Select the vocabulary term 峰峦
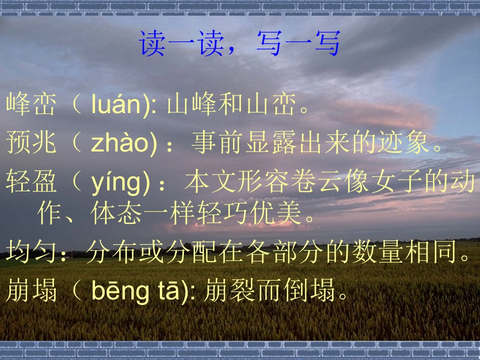(31, 105)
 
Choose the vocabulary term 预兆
(31, 143)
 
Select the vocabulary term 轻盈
(31, 182)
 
